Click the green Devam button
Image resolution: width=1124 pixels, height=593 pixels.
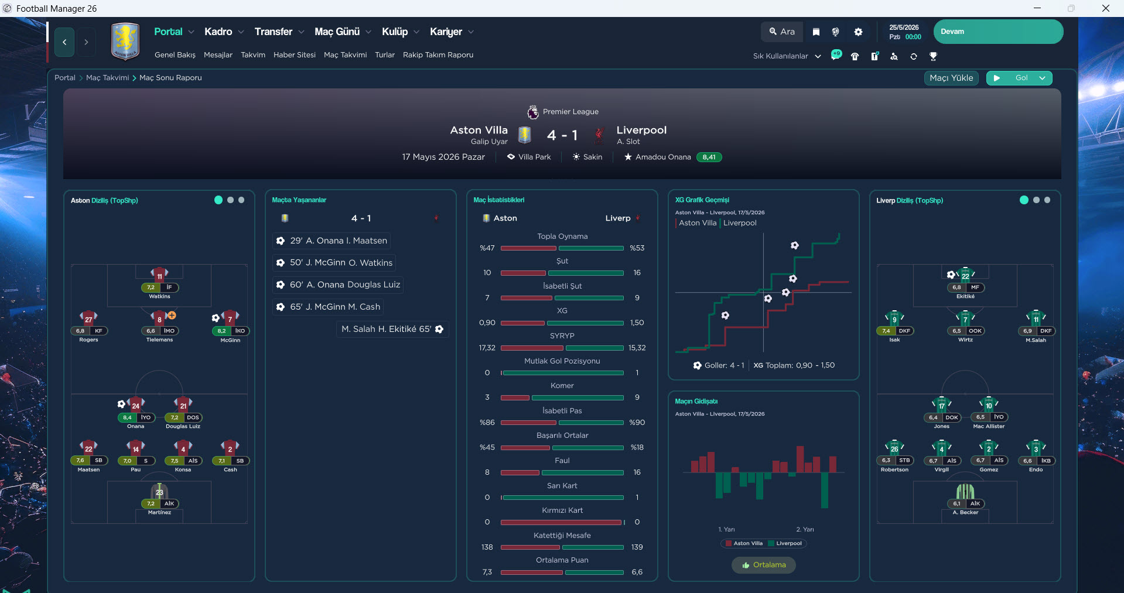click(x=998, y=32)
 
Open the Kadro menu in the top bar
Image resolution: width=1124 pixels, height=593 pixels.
click(x=218, y=32)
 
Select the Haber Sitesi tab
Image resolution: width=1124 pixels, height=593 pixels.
click(x=294, y=55)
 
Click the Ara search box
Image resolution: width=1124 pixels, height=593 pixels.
click(x=782, y=32)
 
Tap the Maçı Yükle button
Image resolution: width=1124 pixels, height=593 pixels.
click(x=951, y=78)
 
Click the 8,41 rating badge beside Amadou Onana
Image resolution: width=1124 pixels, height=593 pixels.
click(x=709, y=157)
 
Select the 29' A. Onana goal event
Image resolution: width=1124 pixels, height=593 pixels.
click(x=332, y=241)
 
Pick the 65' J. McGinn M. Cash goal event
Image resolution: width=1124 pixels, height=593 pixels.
click(x=328, y=307)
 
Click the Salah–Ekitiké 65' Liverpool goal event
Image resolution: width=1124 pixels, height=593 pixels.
click(x=392, y=329)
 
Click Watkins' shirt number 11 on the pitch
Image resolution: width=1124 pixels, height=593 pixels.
click(x=159, y=276)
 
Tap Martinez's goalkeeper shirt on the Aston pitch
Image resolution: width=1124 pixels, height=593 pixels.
click(x=159, y=492)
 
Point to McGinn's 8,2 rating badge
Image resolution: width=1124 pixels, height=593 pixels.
click(x=221, y=331)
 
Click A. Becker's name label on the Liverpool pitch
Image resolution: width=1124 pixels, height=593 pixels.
click(x=965, y=512)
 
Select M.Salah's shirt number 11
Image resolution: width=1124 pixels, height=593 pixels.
click(x=1036, y=319)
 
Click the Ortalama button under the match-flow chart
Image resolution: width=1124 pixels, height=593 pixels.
click(x=764, y=565)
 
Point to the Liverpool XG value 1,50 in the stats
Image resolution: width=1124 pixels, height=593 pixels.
click(x=637, y=323)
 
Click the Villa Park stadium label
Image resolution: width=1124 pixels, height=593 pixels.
click(x=534, y=157)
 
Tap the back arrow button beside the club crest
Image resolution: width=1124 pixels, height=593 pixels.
click(x=64, y=42)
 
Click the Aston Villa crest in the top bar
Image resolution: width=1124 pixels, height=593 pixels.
click(x=125, y=41)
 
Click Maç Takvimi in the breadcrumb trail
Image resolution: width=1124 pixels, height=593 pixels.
click(x=107, y=78)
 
